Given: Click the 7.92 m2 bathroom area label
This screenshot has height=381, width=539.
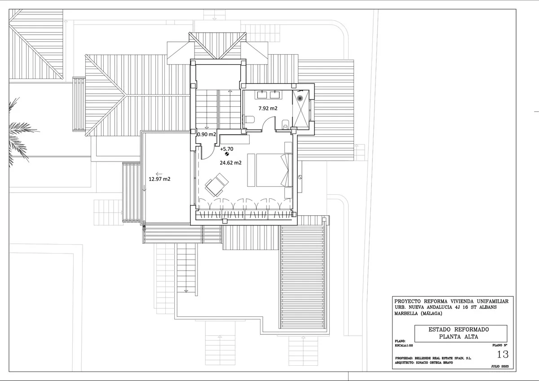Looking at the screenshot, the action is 268,109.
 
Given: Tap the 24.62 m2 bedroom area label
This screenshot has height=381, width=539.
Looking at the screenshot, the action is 230,163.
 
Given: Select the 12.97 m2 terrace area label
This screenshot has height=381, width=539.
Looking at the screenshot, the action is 159,179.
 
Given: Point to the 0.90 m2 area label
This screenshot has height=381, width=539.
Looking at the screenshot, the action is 207,134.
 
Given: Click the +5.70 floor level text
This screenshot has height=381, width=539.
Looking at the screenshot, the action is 227,149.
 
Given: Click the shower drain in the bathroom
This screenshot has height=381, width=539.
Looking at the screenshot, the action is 300,98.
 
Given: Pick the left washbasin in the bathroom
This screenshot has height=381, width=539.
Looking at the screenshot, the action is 262,95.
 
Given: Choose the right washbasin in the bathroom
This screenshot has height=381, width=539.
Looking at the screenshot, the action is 274,95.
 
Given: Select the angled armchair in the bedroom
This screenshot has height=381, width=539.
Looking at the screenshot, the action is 216,185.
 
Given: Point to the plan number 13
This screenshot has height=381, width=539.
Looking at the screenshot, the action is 503,355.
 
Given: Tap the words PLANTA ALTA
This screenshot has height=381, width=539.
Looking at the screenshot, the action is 459,337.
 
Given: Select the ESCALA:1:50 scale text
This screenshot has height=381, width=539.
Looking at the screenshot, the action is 404,346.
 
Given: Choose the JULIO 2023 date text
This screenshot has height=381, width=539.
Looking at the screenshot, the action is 500,366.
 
